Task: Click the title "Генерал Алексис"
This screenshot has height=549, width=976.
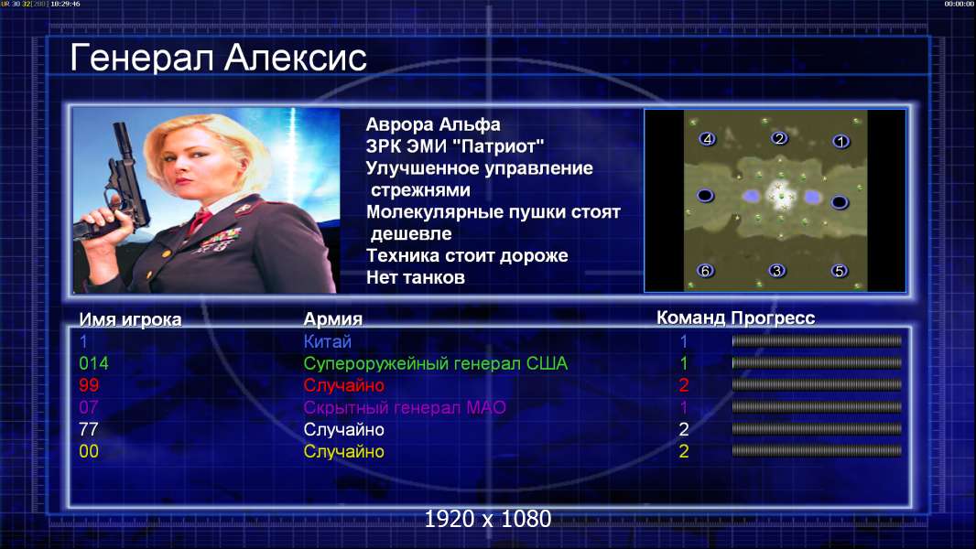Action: (x=218, y=58)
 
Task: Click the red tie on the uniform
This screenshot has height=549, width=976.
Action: (x=200, y=220)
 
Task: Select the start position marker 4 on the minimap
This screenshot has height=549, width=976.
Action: (x=707, y=139)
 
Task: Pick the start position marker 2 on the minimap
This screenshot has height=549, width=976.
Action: (x=778, y=138)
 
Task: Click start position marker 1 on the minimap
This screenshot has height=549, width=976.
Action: (x=840, y=142)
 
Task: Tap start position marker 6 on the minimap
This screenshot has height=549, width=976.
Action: (x=705, y=271)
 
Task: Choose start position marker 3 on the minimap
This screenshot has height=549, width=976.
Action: (x=776, y=271)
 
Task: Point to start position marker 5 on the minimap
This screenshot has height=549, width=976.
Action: (x=840, y=271)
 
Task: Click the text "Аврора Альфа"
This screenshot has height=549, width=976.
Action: (x=433, y=124)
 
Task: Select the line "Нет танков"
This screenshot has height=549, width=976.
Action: (x=416, y=277)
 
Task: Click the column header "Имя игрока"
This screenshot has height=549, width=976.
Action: (x=130, y=319)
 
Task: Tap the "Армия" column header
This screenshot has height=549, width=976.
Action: (x=333, y=319)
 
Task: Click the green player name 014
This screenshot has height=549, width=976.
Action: (x=94, y=363)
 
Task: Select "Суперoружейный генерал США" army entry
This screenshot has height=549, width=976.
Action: (x=436, y=364)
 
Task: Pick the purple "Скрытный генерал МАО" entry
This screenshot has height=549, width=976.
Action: (x=405, y=408)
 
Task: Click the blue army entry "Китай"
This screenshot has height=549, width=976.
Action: (x=328, y=341)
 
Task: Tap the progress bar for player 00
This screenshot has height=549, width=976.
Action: (x=817, y=451)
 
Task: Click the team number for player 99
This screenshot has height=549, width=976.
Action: (x=683, y=385)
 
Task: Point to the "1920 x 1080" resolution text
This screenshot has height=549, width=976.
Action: (x=488, y=519)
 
